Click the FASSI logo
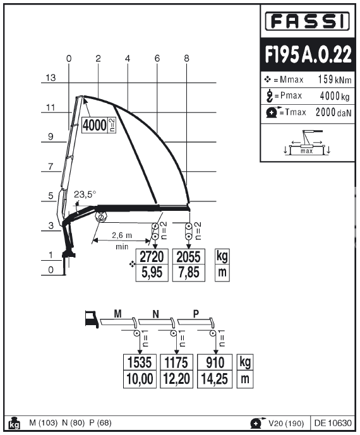click(307, 21)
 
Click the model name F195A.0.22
click(308, 54)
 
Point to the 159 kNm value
click(335, 80)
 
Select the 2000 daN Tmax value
click(333, 112)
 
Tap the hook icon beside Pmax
click(269, 96)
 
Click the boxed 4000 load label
click(95, 125)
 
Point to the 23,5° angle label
click(85, 194)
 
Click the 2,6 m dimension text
click(122, 235)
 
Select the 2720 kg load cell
click(152, 256)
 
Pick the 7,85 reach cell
click(189, 273)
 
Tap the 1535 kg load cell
click(140, 362)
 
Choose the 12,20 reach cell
click(177, 379)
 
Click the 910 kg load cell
click(215, 362)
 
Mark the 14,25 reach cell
click(215, 379)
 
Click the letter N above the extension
click(156, 314)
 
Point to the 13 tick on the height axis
click(51, 78)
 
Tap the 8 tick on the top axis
click(186, 58)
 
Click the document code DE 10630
click(333, 423)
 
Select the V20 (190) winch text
click(286, 424)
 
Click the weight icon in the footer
click(14, 423)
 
